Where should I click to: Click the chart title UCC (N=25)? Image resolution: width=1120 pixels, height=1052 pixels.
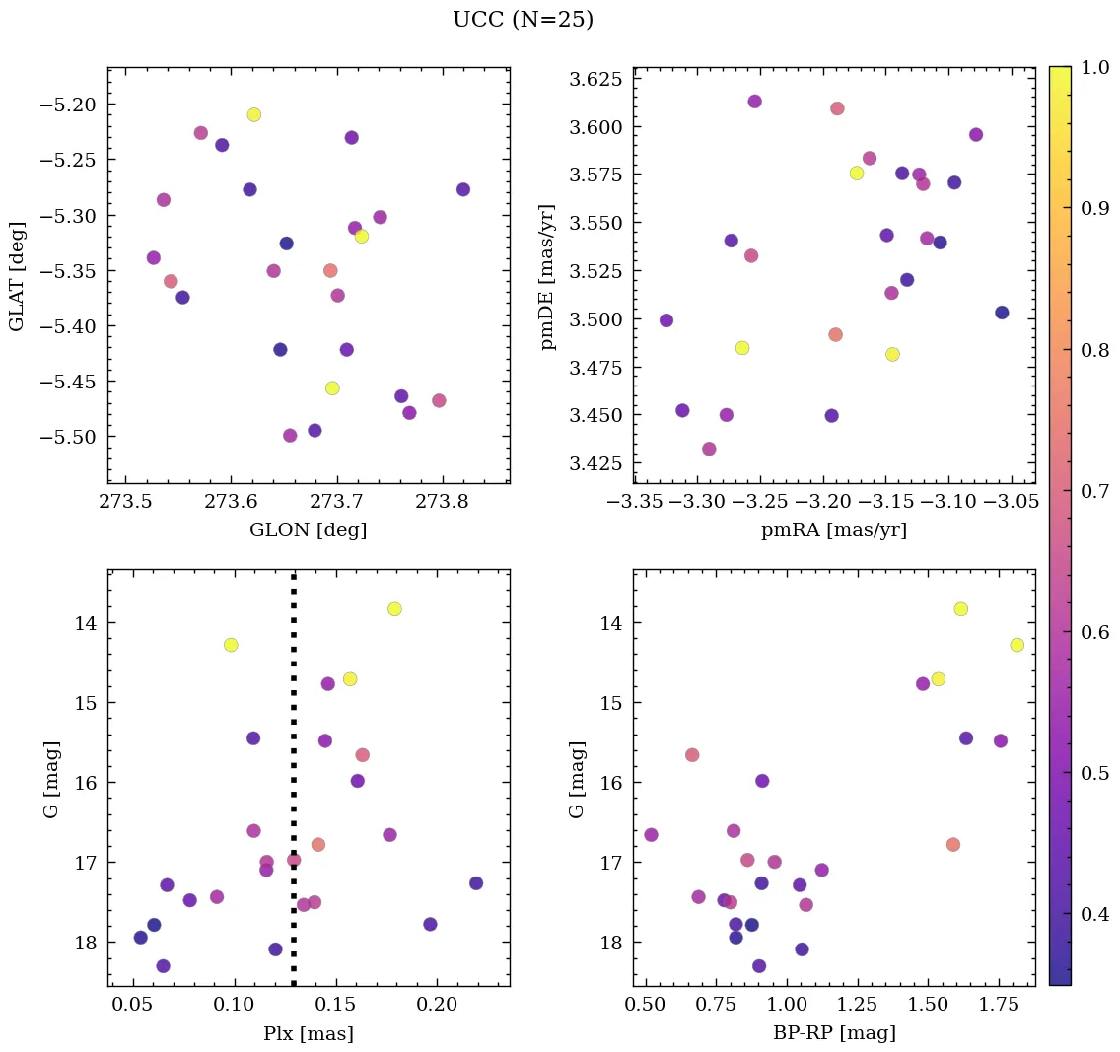click(x=523, y=20)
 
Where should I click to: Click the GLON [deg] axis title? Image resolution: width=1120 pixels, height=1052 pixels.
click(x=308, y=530)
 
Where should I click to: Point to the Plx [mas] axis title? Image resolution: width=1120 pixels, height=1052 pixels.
click(x=308, y=1033)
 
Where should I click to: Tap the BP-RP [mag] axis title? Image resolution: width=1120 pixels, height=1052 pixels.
click(x=834, y=1033)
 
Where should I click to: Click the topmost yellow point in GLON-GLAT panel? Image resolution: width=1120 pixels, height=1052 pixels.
click(x=254, y=114)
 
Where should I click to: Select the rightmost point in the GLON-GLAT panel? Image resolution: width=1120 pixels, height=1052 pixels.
click(x=463, y=189)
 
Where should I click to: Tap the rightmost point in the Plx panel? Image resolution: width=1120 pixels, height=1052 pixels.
click(x=476, y=883)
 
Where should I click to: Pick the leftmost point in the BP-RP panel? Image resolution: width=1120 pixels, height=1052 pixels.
click(x=651, y=835)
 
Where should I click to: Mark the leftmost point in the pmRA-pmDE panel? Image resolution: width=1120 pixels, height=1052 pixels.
click(x=666, y=320)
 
